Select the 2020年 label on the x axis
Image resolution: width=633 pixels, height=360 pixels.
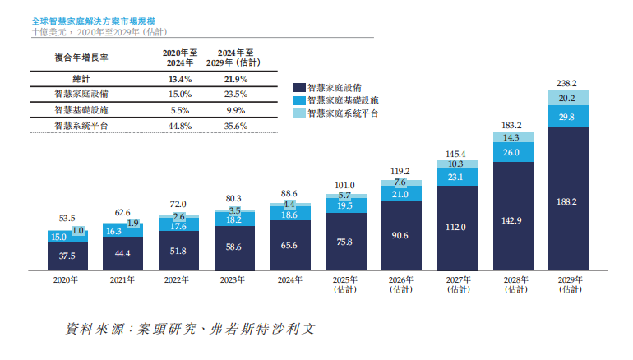67,280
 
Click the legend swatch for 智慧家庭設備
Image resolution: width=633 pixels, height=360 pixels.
299,85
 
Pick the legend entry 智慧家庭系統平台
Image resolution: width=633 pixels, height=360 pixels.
342,113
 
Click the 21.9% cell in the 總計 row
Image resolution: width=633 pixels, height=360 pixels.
237,79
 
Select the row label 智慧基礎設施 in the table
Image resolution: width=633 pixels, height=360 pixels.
81,110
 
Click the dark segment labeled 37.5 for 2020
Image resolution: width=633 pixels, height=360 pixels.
67,256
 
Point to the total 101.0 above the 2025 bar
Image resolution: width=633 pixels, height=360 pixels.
345,185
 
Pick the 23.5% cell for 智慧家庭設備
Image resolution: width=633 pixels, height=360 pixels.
237,95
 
